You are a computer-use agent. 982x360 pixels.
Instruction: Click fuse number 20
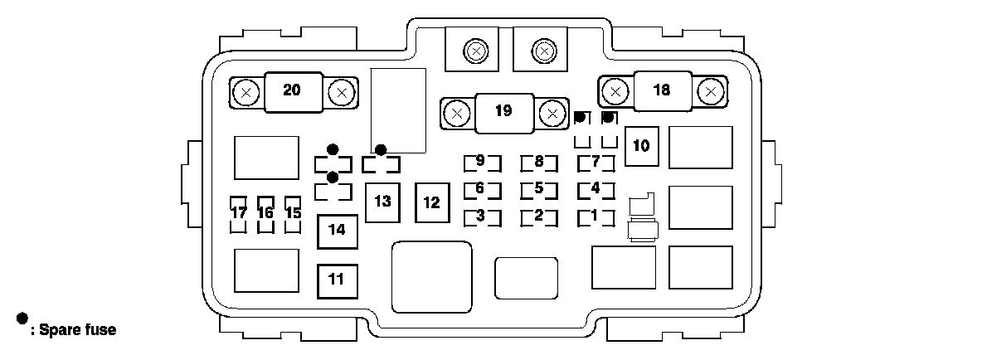pos(292,91)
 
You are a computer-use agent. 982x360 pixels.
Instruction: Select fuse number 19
pos(503,111)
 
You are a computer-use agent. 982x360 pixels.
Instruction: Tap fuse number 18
pos(661,90)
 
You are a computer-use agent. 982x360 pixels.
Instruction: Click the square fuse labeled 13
pos(382,202)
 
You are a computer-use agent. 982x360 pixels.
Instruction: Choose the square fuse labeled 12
pos(432,202)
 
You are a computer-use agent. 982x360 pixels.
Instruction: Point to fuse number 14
pos(336,231)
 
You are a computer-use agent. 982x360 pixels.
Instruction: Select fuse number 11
pos(336,279)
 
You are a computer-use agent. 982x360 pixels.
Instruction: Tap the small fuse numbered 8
pos(539,162)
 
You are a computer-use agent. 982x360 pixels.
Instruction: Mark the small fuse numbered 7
pos(596,162)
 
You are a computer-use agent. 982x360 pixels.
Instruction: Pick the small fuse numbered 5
pos(539,188)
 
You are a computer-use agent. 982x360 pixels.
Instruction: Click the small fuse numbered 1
pos(596,216)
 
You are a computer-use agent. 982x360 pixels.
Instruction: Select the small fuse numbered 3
pos(481,216)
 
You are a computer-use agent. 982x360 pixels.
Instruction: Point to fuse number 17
pos(239,213)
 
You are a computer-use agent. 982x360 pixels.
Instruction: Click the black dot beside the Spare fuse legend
pos(22,319)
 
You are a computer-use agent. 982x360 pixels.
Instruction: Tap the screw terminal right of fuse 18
pos(709,90)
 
